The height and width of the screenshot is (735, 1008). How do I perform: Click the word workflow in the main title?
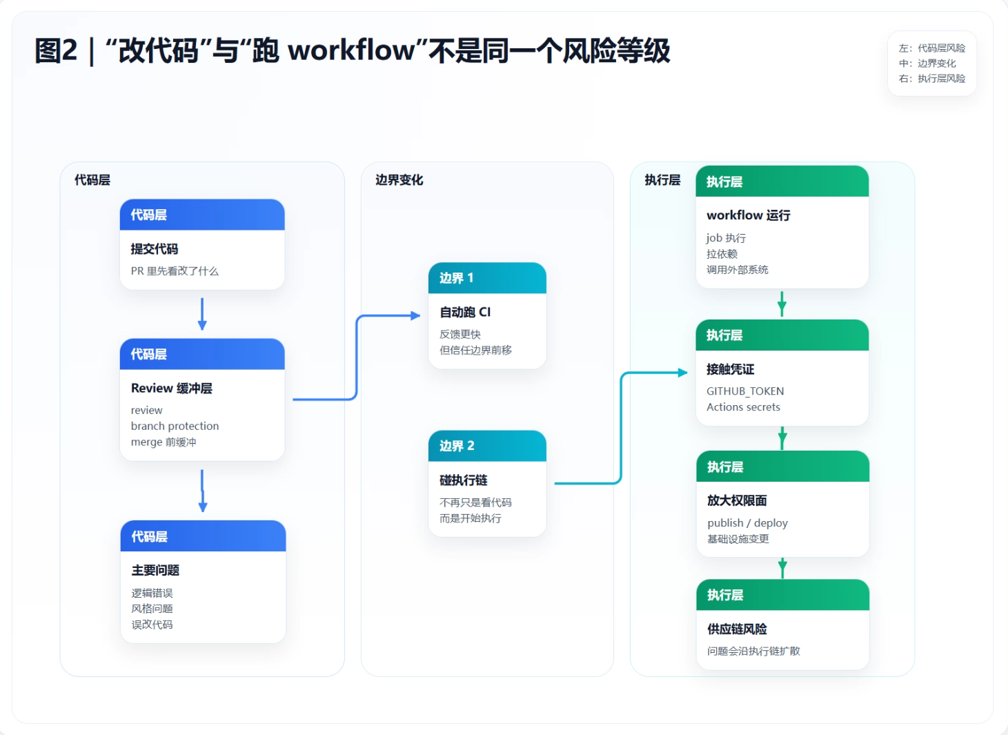point(351,51)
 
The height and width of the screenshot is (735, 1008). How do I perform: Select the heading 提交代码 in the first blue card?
point(155,249)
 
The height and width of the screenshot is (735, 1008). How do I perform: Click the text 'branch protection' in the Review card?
point(175,427)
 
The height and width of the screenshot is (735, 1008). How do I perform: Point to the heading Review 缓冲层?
point(172,389)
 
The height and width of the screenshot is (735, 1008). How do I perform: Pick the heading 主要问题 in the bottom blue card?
point(155,571)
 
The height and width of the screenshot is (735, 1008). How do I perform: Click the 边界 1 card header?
point(487,278)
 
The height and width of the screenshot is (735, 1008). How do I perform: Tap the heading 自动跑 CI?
point(465,313)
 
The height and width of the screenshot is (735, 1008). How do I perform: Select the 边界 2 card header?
point(487,446)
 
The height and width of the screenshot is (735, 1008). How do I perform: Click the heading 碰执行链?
point(463,480)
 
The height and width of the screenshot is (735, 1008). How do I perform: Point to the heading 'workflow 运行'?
point(748,215)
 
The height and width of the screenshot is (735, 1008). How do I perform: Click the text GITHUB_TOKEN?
point(745,391)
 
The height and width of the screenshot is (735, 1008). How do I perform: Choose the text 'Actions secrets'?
point(743,407)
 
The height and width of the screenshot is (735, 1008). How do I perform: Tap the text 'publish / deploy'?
point(747,523)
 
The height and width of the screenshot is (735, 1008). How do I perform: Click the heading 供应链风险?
point(737,629)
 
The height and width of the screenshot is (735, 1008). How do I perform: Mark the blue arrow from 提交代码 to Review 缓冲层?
point(202,314)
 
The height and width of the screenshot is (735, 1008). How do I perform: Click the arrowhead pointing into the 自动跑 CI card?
point(415,316)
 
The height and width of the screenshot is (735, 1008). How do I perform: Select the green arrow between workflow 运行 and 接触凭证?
point(782,304)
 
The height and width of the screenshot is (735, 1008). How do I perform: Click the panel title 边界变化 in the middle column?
point(399,180)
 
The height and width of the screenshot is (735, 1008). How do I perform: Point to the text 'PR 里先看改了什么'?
point(175,271)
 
